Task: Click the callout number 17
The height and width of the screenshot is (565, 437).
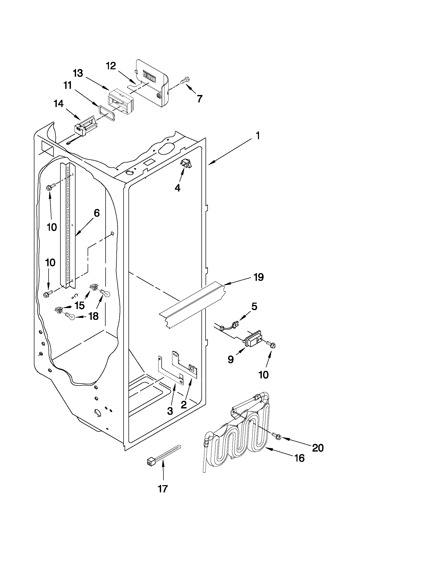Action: (163, 489)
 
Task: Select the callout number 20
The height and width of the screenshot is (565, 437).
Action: (318, 448)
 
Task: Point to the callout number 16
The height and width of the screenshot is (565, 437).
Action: (299, 458)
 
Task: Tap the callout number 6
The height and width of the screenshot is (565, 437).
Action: (96, 213)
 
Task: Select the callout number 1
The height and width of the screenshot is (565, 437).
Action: (258, 136)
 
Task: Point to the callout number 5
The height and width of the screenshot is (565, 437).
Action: (254, 307)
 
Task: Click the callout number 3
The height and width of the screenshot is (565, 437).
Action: (170, 411)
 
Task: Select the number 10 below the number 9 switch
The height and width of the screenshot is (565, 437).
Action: (264, 375)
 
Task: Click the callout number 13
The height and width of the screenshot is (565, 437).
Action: (78, 73)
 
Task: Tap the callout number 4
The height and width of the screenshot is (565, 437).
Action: (177, 188)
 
